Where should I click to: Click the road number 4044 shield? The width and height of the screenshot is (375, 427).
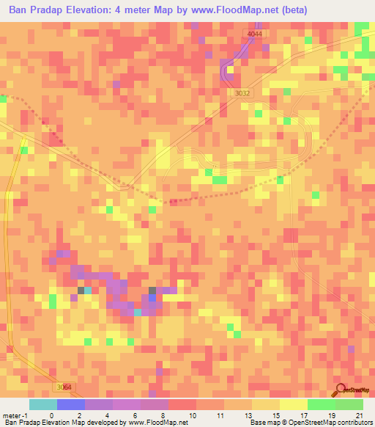pyautogui.click(x=254, y=34)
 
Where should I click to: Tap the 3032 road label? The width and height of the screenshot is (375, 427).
pyautogui.click(x=242, y=93)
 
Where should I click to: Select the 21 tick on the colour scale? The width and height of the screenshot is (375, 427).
pyautogui.click(x=358, y=415)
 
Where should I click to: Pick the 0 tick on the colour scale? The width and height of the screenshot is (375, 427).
pyautogui.click(x=51, y=415)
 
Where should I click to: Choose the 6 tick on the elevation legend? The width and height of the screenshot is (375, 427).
pyautogui.click(x=135, y=415)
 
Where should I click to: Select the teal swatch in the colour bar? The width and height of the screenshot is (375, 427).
pyautogui.click(x=42, y=404)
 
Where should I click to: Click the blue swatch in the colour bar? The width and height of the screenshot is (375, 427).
pyautogui.click(x=70, y=404)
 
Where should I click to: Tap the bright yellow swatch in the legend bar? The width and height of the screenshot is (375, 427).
pyautogui.click(x=293, y=404)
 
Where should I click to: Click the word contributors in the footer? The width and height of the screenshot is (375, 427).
pyautogui.click(x=354, y=423)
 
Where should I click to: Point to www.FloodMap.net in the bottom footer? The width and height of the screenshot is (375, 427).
pyautogui.click(x=156, y=423)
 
